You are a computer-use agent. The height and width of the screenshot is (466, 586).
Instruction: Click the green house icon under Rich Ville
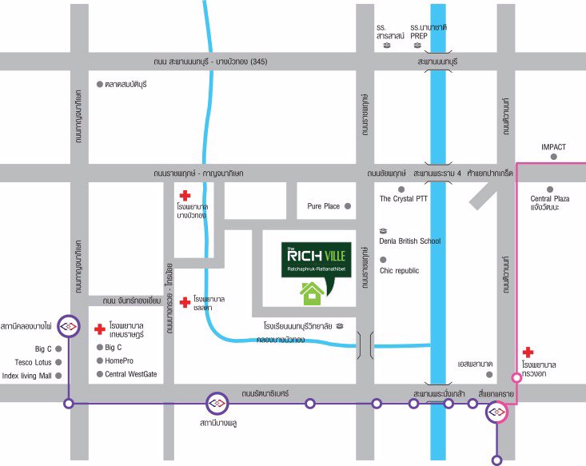point(312,293)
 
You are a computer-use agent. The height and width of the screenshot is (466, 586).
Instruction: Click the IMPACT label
point(553,147)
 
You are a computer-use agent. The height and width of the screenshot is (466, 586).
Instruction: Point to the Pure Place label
point(324,206)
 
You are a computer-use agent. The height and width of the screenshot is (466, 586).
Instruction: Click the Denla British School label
point(410,241)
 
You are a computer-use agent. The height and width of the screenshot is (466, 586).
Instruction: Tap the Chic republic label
point(400,270)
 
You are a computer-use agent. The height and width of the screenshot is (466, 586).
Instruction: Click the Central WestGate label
point(131,374)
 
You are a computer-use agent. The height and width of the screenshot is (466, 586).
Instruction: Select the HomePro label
point(119,360)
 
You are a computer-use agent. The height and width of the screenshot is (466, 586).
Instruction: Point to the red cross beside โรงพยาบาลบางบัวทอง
point(185,195)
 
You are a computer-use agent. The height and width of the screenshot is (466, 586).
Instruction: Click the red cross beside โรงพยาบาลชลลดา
point(185,301)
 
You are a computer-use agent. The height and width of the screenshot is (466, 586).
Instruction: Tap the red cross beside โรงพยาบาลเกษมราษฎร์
point(99,329)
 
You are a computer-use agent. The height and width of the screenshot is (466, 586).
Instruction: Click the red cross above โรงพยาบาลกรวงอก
point(527,352)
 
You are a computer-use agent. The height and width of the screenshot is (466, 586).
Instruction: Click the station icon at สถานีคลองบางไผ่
point(69,326)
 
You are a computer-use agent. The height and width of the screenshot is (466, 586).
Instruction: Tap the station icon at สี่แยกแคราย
point(497,412)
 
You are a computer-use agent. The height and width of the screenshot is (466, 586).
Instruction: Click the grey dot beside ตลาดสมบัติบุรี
point(99,84)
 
